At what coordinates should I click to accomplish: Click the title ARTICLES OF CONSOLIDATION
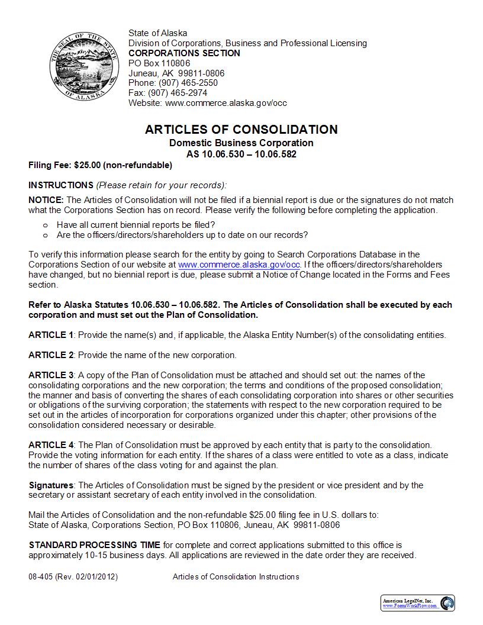pos(241,130)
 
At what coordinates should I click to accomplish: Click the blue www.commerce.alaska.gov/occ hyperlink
pos(239,265)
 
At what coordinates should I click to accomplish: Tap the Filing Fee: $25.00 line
pos(100,165)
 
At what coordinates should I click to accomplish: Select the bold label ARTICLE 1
pos(50,335)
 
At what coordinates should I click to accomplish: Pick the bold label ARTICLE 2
pos(50,355)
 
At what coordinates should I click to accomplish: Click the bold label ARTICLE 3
pos(50,375)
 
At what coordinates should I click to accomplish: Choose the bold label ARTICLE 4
pos(50,444)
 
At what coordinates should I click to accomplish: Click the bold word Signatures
pos(51,485)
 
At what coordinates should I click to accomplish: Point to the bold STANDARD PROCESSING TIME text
pos(94,545)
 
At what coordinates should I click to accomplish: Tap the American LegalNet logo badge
pos(417,603)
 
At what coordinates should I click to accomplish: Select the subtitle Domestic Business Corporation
pos(241,143)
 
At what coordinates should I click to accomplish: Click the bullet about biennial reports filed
pos(136,225)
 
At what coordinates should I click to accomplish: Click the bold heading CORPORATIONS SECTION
pos(184,53)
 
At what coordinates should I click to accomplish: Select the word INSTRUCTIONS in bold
pos(61,185)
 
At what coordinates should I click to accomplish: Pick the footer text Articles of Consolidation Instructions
pos(236,576)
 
